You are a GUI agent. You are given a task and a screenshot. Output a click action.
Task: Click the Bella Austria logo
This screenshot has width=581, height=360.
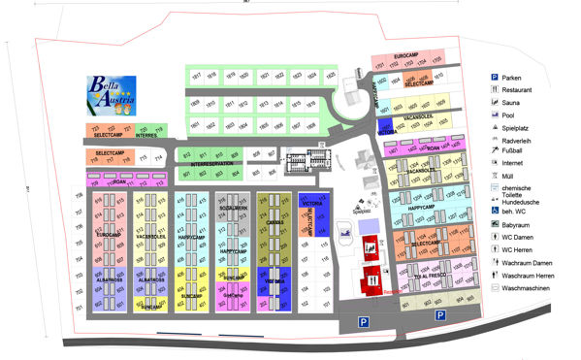point(111,94)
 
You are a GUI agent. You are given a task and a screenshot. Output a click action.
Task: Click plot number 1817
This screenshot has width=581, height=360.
point(195,75)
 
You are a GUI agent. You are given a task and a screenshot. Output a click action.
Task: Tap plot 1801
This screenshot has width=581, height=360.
point(195,125)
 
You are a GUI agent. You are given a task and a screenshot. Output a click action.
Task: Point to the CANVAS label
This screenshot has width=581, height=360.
point(274,222)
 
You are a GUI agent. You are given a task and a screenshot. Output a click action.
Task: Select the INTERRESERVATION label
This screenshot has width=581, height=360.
point(213,164)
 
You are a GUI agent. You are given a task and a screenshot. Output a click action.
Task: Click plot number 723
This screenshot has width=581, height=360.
point(96,128)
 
